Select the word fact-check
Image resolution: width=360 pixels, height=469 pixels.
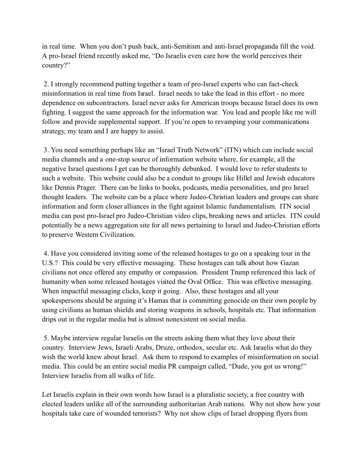pyautogui.click(x=282, y=84)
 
